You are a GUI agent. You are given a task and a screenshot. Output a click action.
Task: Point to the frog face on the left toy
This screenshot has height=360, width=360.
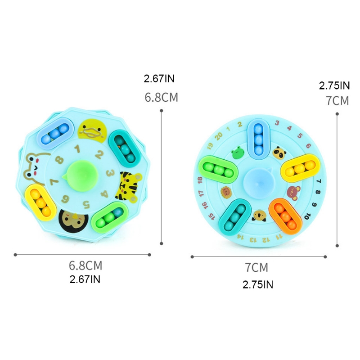[x=34, y=166]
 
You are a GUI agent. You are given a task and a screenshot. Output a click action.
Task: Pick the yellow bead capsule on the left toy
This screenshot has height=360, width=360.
[x=37, y=199]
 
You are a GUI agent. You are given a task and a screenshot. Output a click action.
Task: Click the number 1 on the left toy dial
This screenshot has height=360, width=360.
[x=77, y=147]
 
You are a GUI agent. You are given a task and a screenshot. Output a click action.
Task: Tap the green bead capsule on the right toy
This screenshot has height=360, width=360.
[x=218, y=171]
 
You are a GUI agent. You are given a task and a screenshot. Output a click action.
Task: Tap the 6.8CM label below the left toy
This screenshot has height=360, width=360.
[x=85, y=265]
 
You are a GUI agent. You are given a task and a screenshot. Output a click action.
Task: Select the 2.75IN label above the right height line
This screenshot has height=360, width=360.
[x=334, y=85]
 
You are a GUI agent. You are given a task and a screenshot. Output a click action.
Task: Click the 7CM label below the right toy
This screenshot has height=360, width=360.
[x=256, y=268]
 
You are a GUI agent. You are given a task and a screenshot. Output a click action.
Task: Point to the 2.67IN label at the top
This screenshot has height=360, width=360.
[x=159, y=79]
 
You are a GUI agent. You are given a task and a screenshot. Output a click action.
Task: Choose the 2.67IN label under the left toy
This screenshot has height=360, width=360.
[x=85, y=279]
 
